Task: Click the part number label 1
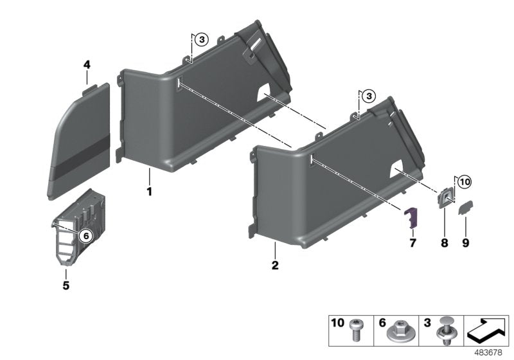tap(148, 192)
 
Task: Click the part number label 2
tap(274, 265)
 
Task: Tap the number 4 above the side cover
tap(87, 64)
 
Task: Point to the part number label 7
tap(413, 243)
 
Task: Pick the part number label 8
tap(443, 243)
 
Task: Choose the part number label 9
tap(465, 243)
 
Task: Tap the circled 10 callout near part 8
tap(465, 182)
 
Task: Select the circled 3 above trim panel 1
tap(201, 40)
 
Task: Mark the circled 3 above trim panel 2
tap(368, 96)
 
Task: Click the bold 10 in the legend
tap(338, 321)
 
